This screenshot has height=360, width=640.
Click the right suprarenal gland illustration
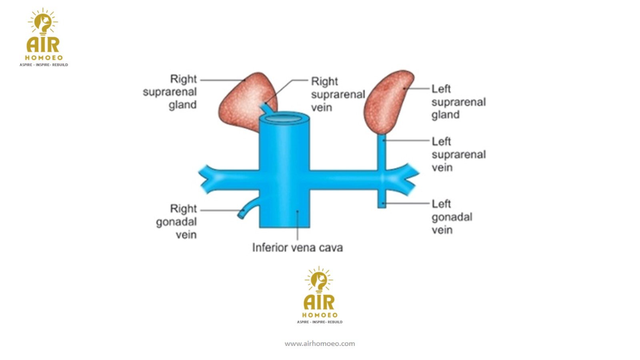242,102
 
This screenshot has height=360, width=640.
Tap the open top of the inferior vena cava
284,118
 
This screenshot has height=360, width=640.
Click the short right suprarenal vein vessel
266,107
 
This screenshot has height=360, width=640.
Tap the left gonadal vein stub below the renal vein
382,198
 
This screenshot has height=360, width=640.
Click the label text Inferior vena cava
297,248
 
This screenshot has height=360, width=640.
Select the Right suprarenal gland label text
170,92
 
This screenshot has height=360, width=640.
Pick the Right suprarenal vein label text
338,94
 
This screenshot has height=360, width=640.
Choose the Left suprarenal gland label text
458,102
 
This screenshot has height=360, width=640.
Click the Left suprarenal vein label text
458,154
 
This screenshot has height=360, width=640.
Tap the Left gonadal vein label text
452,217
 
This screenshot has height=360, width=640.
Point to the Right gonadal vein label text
176,222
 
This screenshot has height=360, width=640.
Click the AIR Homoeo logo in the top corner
44,38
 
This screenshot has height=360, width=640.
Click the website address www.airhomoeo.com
320,344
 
